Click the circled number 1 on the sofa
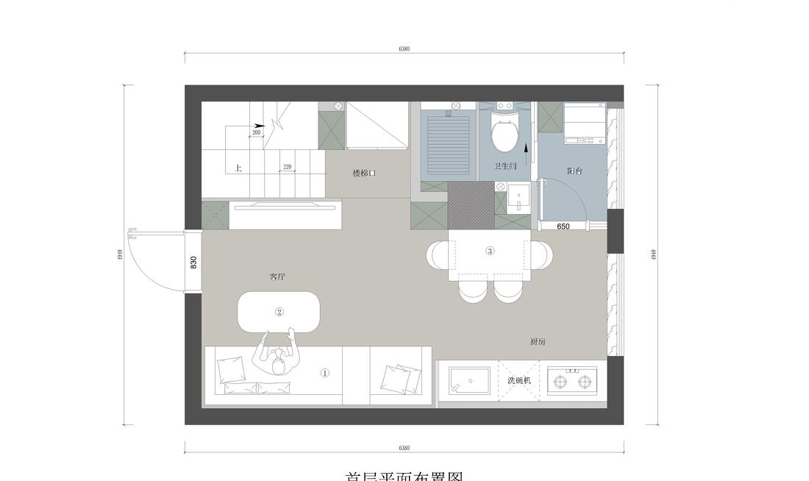[325, 373]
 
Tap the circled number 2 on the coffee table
[279, 312]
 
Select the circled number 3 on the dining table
[491, 251]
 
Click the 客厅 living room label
[277, 277]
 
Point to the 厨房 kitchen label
[538, 342]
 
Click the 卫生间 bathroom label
[505, 167]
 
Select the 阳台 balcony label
[574, 171]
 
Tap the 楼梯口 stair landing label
[364, 174]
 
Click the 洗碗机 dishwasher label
[519, 380]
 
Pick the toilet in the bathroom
[505, 132]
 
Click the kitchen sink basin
[469, 381]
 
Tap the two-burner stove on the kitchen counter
[573, 381]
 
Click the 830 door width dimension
[193, 262]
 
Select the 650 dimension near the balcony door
[563, 227]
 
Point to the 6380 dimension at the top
[404, 49]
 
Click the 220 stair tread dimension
[288, 167]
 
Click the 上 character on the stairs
[238, 168]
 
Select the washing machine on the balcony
[584, 124]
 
